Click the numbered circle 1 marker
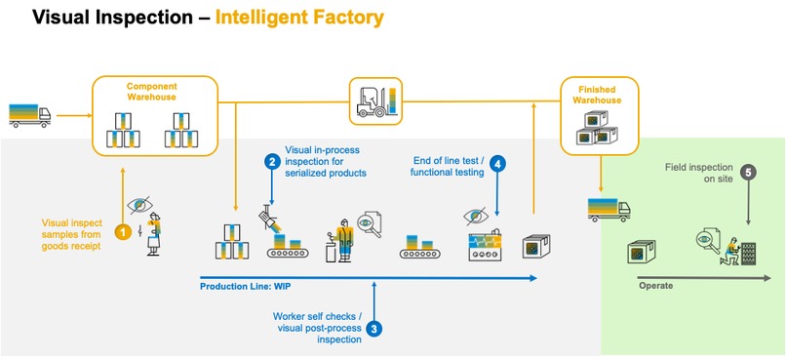click(x=124, y=232)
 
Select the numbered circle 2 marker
click(x=272, y=162)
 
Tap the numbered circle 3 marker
click(x=373, y=329)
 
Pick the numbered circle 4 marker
click(x=498, y=164)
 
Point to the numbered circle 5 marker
click(x=748, y=173)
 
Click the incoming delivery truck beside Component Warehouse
click(x=29, y=114)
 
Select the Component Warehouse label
click(x=152, y=93)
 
